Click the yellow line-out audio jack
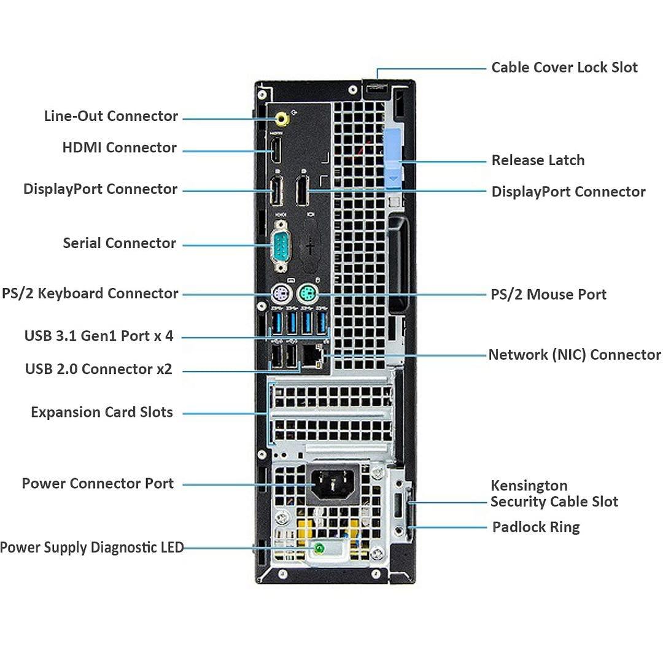[281, 118]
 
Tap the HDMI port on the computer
[276, 151]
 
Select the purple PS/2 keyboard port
[280, 294]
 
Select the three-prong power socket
[334, 483]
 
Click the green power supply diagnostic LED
[319, 548]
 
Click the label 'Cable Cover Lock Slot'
[564, 68]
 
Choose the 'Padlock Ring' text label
[535, 527]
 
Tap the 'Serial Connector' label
[119, 243]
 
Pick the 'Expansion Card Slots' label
[102, 413]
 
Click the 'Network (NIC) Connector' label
[574, 355]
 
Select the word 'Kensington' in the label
[529, 486]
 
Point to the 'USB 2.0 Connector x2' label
[98, 370]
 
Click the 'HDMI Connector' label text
[119, 148]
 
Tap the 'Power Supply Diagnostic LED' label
[91, 548]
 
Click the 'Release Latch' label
[538, 161]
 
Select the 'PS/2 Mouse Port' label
[548, 295]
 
